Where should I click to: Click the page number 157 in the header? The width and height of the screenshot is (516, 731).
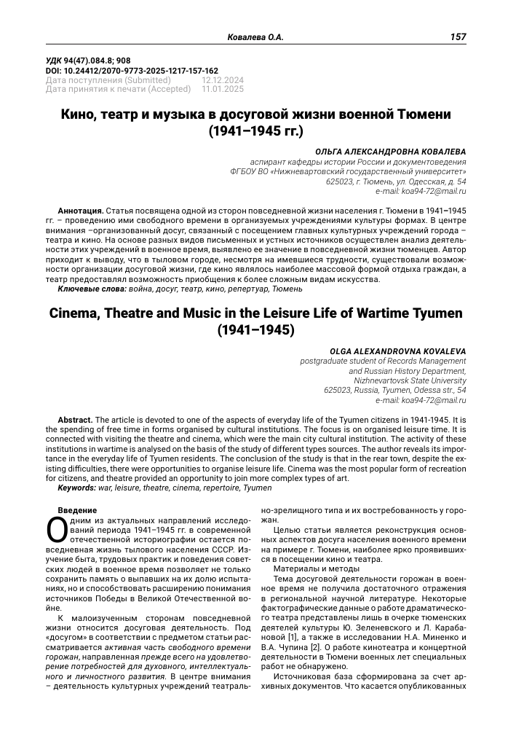[459, 36]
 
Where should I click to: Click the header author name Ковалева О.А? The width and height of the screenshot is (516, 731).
[255, 36]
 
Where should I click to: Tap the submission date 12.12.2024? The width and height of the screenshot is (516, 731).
[224, 80]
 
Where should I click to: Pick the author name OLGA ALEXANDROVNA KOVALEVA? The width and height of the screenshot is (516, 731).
[398, 351]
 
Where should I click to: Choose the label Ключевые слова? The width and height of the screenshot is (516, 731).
[92, 289]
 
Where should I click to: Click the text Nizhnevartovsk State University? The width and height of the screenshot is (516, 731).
[410, 380]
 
